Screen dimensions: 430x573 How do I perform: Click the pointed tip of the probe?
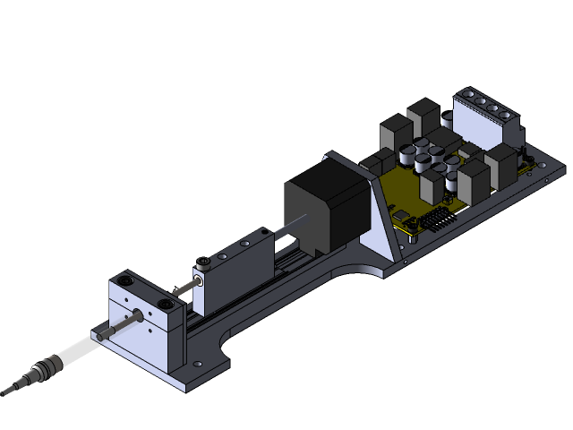click(x=5, y=391)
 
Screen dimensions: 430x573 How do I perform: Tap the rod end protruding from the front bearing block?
click(x=139, y=314)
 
